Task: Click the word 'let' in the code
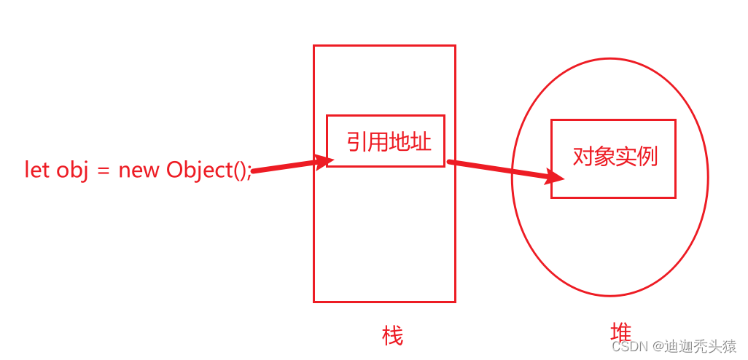pyautogui.click(x=36, y=169)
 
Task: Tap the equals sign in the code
pyautogui.click(x=103, y=170)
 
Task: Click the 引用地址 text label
pyautogui.click(x=389, y=141)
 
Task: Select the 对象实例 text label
pyautogui.click(x=615, y=156)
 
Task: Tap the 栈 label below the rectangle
pyautogui.click(x=392, y=336)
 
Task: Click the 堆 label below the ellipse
pyautogui.click(x=620, y=333)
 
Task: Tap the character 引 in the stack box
pyautogui.click(x=357, y=141)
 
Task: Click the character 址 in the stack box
pyautogui.click(x=421, y=141)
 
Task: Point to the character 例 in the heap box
pyautogui.click(x=647, y=156)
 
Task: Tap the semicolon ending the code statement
pyautogui.click(x=249, y=171)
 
